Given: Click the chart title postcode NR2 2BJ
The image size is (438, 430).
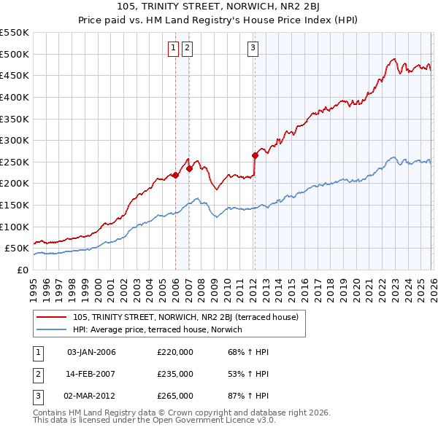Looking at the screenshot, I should click(x=303, y=7).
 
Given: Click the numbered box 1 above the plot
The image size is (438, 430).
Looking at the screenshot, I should click(x=174, y=48).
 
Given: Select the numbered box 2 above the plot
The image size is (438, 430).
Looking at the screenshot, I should click(x=187, y=48).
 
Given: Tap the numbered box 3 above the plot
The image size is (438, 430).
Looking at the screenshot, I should click(x=253, y=48).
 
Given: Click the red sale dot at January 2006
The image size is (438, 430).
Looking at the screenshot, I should click(x=175, y=175).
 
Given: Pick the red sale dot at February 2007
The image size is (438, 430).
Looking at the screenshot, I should click(x=189, y=168).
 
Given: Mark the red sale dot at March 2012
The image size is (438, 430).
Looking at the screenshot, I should click(x=255, y=155).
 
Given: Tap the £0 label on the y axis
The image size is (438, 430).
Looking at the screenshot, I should click(x=22, y=270).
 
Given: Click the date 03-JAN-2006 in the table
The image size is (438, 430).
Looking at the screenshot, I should click(x=91, y=352).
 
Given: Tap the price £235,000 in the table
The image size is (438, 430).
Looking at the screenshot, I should click(x=175, y=374).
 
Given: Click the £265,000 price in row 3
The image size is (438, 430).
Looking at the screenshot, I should click(x=175, y=396).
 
